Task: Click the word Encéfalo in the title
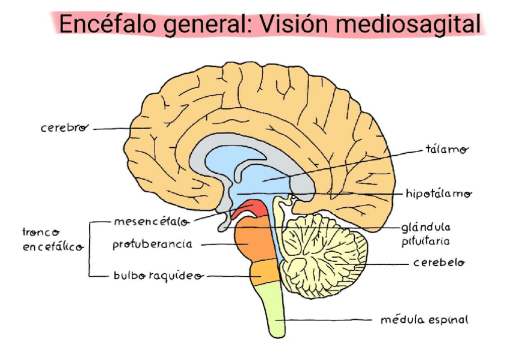tap(99, 25)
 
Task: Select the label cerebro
tap(64, 128)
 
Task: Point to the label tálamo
tap(447, 150)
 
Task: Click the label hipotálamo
tap(438, 194)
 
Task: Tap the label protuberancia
tap(152, 245)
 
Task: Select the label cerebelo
tap(438, 263)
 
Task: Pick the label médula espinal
tap(423, 320)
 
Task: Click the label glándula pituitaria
tap(425, 234)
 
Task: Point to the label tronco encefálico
tap(52, 239)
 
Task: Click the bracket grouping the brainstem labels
tap(91, 249)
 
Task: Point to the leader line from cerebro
tap(111, 129)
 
